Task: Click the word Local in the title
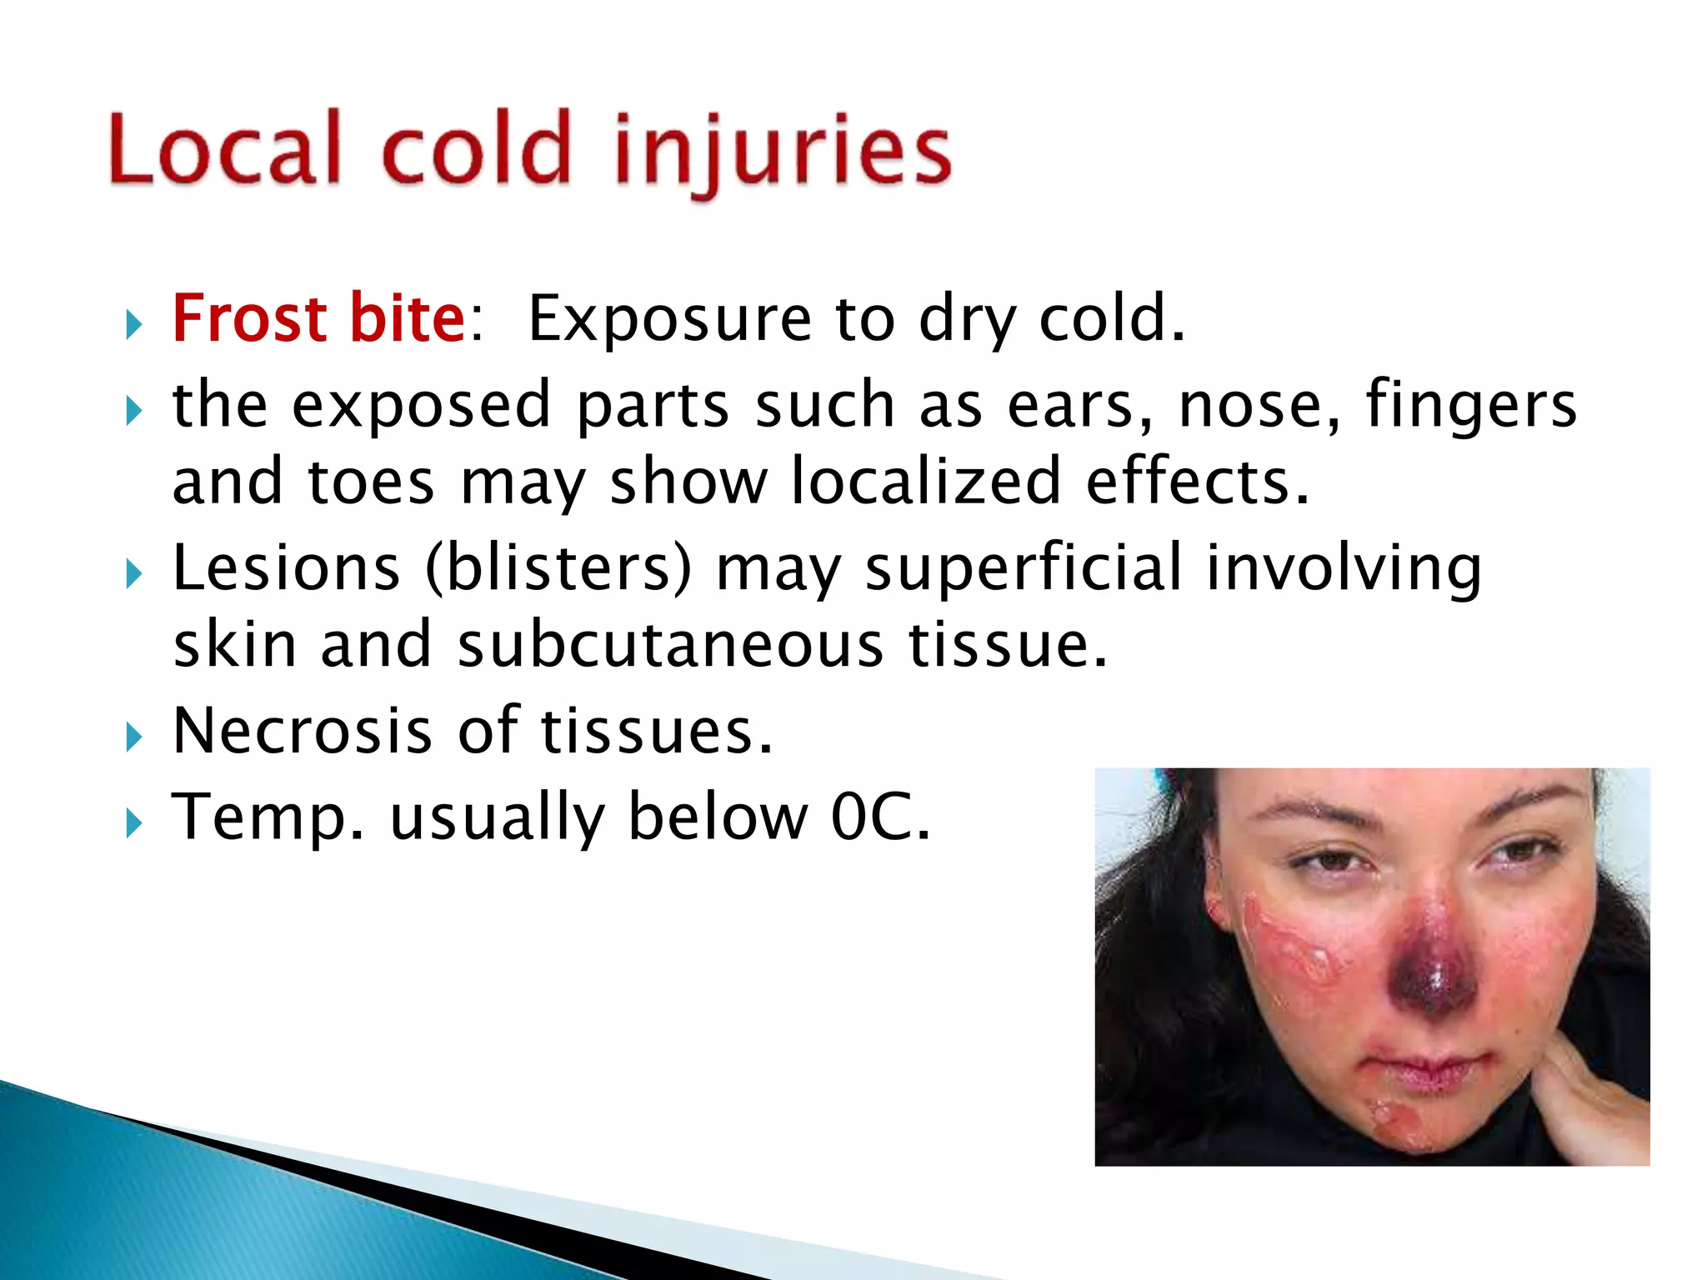pyautogui.click(x=225, y=150)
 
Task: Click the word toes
pyautogui.click(x=371, y=482)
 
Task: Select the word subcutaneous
pyautogui.click(x=670, y=646)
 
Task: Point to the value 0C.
pyautogui.click(x=880, y=817)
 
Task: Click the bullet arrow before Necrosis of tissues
pyautogui.click(x=134, y=737)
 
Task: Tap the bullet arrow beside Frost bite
pyautogui.click(x=134, y=324)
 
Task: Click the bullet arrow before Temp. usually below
pyautogui.click(x=134, y=823)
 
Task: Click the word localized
pyautogui.click(x=925, y=482)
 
